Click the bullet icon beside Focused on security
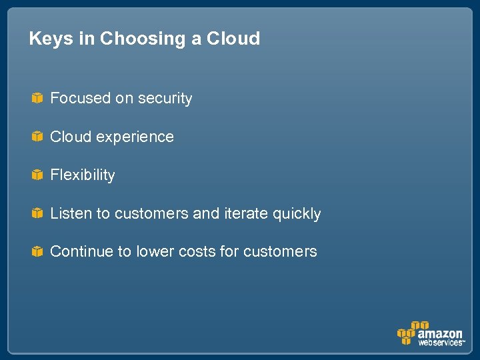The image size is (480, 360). pyautogui.click(x=37, y=99)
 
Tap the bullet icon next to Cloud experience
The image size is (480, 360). pyautogui.click(x=37, y=137)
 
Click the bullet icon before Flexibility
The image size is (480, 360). pyautogui.click(x=37, y=175)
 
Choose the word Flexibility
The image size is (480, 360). pyautogui.click(x=83, y=175)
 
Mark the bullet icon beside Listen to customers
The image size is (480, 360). pyautogui.click(x=37, y=213)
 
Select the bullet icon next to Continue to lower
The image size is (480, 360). pyautogui.click(x=37, y=251)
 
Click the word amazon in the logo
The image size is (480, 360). pyautogui.click(x=440, y=333)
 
